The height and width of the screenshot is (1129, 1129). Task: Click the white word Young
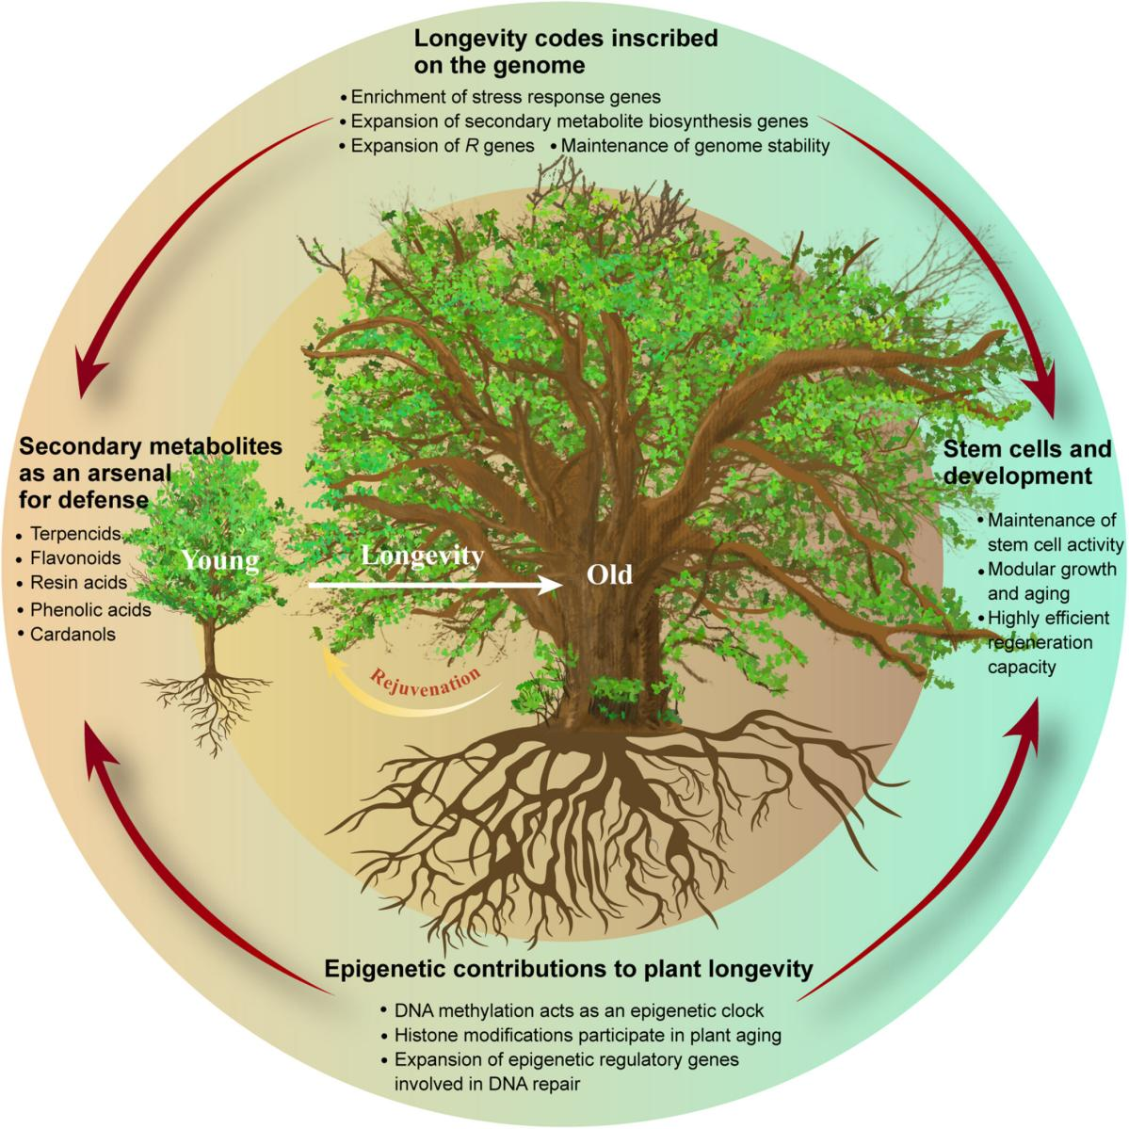[x=220, y=561]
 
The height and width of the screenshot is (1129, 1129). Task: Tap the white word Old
[x=609, y=573]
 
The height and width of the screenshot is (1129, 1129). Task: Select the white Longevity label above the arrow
[x=423, y=556]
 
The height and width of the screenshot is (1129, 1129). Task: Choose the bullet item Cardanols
[x=73, y=634]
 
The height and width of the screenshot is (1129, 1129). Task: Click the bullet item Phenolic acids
[x=90, y=609]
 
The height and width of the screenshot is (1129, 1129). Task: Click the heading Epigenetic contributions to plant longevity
[x=568, y=968]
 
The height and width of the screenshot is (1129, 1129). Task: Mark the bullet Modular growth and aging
[x=1051, y=581]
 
